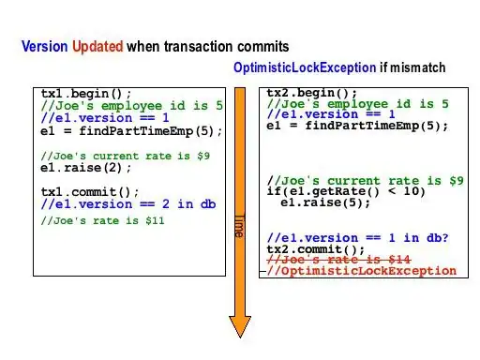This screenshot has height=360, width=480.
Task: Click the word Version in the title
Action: pyautogui.click(x=44, y=45)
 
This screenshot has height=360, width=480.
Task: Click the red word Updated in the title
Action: pyautogui.click(x=97, y=45)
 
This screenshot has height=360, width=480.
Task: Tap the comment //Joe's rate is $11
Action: pyautogui.click(x=103, y=221)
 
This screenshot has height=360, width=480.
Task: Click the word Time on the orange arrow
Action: pyautogui.click(x=239, y=226)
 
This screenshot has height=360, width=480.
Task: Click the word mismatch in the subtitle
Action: pyautogui.click(x=417, y=68)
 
